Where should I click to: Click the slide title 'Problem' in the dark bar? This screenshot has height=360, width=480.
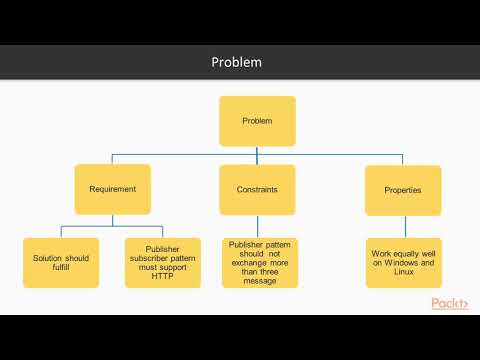pyautogui.click(x=236, y=62)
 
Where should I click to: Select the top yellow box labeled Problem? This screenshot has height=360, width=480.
pyautogui.click(x=257, y=121)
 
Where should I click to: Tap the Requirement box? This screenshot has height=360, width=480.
pyautogui.click(x=112, y=188)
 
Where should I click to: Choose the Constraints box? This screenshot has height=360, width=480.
pyautogui.click(x=257, y=188)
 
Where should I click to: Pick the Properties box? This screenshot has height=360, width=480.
pyautogui.click(x=402, y=188)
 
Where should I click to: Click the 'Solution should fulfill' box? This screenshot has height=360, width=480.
pyautogui.click(x=61, y=262)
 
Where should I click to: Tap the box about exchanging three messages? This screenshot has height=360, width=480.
pyautogui.click(x=259, y=262)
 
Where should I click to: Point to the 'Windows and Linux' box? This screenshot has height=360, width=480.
pyautogui.click(x=402, y=262)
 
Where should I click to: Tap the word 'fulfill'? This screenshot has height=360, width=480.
pyautogui.click(x=61, y=268)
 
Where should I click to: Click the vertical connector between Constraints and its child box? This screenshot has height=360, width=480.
pyautogui.click(x=257, y=226)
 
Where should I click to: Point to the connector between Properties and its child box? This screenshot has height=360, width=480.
pyautogui.click(x=402, y=226)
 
